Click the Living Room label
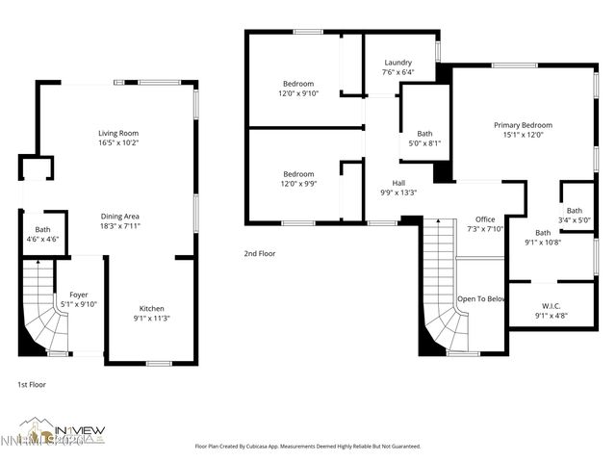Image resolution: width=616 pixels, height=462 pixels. tap(118, 138)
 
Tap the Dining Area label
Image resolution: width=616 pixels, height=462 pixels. tap(119, 221)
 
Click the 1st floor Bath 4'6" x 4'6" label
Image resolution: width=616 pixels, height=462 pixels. tap(43, 234)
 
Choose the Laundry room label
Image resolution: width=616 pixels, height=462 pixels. tap(398, 66)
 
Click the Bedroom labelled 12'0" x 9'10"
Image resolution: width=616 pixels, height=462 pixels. tap(298, 88)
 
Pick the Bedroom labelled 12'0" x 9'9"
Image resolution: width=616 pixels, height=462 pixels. tap(298, 179)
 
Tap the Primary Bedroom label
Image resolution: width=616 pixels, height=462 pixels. tap(523, 130)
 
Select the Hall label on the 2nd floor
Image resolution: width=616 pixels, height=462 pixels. tap(398, 187)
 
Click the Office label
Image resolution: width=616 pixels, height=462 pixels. tap(484, 224)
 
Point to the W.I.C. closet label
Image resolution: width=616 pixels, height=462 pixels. tap(550, 310)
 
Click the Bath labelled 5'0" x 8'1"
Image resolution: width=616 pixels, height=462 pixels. tap(424, 139)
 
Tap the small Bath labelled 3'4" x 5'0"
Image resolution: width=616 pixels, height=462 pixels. tap(575, 215)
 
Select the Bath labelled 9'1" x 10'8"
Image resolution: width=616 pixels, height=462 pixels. tap(543, 237)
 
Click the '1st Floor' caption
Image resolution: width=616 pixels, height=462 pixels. tap(31, 384)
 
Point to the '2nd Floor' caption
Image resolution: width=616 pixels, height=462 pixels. tap(259, 254)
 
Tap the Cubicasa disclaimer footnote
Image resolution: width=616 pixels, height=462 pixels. tap(308, 446)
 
